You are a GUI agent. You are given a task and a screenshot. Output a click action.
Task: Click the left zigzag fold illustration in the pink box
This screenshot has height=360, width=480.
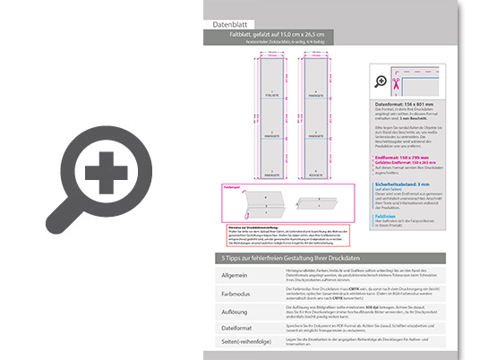251,203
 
